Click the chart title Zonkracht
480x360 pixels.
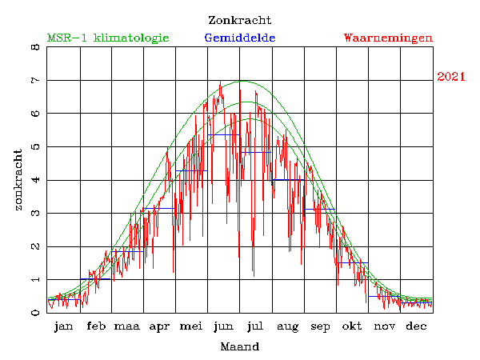(239, 20)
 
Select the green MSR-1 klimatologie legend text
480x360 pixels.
(108, 38)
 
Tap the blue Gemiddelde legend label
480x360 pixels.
(240, 38)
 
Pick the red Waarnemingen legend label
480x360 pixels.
(388, 38)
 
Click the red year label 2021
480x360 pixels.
(451, 77)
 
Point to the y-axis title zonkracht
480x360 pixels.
(18, 179)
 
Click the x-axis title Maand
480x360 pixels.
(239, 347)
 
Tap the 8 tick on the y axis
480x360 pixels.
(34, 47)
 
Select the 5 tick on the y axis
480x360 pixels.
(34, 147)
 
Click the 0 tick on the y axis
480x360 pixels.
(34, 313)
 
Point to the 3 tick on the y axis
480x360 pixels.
(34, 214)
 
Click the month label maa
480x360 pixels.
(126, 326)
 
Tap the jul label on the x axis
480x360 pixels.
(256, 326)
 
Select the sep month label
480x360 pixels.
(320, 326)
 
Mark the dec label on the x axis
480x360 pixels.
(416, 326)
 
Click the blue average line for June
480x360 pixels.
(224, 134)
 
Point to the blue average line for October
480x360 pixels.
(352, 262)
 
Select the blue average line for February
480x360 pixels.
(95, 278)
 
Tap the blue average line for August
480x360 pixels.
(288, 180)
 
